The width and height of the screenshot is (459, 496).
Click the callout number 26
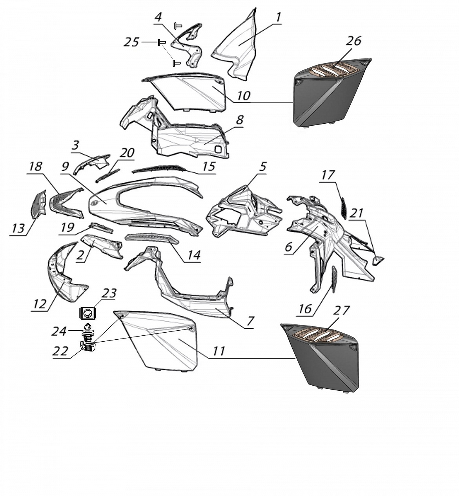pos(354,41)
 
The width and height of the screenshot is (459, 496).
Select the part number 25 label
pos(131,42)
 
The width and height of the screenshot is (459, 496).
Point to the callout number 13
pos(18,228)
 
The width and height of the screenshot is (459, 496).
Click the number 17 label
pos(328,175)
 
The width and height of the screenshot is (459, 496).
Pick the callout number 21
pos(357,213)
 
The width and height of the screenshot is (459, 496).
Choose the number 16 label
pos(305,309)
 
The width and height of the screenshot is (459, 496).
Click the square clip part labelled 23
pos(87,313)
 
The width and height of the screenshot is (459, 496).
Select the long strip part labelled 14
pos(152,240)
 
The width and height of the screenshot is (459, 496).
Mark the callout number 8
pos(239,120)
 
